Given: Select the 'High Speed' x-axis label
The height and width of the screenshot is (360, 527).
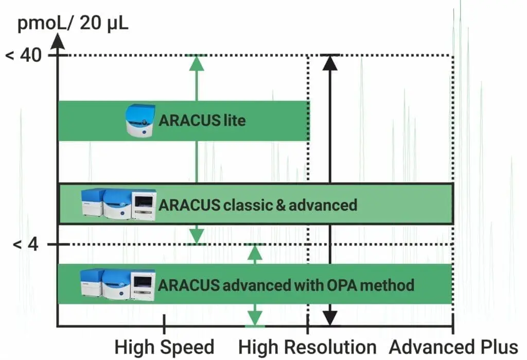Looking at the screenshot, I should point(164,347).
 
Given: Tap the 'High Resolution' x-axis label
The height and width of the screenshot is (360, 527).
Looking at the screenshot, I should point(307,347).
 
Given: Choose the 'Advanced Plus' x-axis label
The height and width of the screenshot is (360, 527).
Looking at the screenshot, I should point(453,347).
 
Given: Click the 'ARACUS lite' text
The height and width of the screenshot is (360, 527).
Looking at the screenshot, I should point(202,121).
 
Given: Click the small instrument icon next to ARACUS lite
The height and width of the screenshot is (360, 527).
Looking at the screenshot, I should point(140,121).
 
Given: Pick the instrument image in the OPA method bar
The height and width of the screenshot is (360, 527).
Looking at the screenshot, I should point(118,284).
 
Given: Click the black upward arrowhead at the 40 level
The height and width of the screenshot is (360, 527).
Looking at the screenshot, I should point(330,62).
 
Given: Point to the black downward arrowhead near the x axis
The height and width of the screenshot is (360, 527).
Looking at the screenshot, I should point(330,318).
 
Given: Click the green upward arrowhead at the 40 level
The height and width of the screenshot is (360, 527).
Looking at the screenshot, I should point(197,62).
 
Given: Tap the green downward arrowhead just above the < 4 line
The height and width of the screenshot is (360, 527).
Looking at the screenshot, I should point(197,236).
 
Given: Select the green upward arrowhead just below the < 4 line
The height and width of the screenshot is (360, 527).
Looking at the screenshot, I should point(255,252).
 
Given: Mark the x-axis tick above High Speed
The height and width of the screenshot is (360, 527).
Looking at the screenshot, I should point(164,324).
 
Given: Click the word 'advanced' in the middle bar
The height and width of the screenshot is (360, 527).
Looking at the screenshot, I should point(322,205).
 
